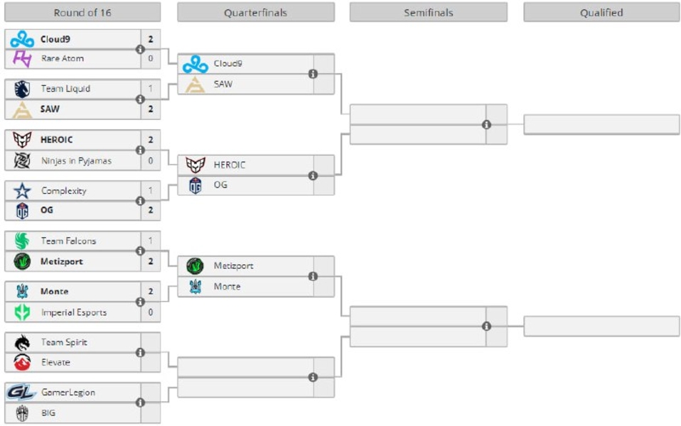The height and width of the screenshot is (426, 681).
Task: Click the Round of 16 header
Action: [x=82, y=12]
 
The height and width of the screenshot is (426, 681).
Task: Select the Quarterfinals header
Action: [x=255, y=12]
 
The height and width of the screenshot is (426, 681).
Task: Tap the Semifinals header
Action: [x=428, y=12]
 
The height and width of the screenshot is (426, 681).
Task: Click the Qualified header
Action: [x=601, y=12]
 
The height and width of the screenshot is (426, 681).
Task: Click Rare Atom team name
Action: [x=62, y=58]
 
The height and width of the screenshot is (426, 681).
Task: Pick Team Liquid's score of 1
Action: [x=151, y=89]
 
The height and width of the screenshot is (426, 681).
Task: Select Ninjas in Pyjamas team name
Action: [x=76, y=160]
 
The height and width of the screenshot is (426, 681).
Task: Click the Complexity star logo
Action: [x=23, y=190]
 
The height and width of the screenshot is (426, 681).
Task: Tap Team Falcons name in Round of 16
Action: [x=68, y=241]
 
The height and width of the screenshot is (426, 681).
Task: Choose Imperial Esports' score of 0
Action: [x=151, y=312]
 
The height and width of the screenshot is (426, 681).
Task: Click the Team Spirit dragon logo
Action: [x=23, y=342]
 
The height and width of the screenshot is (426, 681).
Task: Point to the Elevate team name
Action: [x=55, y=362]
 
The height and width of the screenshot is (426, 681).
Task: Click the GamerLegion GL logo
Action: [x=21, y=392]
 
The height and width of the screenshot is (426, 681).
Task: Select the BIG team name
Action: [x=48, y=413]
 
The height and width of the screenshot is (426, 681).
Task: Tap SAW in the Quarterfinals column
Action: [x=223, y=84]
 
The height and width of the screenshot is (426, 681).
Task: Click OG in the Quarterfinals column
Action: [x=221, y=185]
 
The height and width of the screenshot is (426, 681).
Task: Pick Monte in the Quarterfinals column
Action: [x=227, y=286]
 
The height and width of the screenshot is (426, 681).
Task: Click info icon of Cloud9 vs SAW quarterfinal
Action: [x=313, y=74]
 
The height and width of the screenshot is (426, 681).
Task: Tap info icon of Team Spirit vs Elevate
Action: [x=140, y=352]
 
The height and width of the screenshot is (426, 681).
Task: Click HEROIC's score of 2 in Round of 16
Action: [x=151, y=140]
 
